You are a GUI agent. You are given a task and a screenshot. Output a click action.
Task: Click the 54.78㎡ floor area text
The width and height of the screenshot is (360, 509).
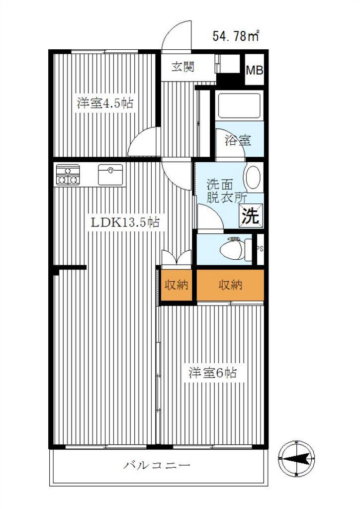click(x=236, y=35)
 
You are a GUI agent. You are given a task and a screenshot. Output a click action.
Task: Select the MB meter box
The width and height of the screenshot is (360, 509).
click(x=254, y=70)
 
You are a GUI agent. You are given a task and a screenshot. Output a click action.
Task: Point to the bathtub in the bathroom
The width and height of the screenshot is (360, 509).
click(x=239, y=105)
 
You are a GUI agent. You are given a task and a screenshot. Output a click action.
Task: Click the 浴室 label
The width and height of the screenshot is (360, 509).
click(x=238, y=140)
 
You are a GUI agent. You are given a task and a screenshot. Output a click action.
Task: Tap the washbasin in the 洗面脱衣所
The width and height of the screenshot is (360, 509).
click(x=254, y=177)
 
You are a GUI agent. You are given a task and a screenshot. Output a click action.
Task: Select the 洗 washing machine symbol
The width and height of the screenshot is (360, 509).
click(x=251, y=215)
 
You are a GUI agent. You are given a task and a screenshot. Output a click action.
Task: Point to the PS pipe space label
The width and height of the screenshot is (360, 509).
click(x=260, y=249)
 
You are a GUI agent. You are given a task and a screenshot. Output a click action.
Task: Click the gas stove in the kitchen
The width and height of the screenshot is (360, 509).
click(x=68, y=175)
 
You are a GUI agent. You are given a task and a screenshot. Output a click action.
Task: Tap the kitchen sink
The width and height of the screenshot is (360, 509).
click(x=110, y=175)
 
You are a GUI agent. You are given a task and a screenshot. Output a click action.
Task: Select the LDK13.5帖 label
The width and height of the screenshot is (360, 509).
click(x=125, y=222)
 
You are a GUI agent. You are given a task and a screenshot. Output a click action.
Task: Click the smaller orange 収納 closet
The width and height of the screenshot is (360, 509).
click(x=176, y=285)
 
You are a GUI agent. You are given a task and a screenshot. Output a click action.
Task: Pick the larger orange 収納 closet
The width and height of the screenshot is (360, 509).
click(x=230, y=285)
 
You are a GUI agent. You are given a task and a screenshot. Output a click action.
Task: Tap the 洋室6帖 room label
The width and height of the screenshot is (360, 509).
click(x=213, y=373)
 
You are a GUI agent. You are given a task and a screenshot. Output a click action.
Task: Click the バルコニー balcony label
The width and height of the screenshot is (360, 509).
click(x=156, y=466)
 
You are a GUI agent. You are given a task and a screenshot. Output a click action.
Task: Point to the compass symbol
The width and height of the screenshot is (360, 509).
click(x=296, y=458)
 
